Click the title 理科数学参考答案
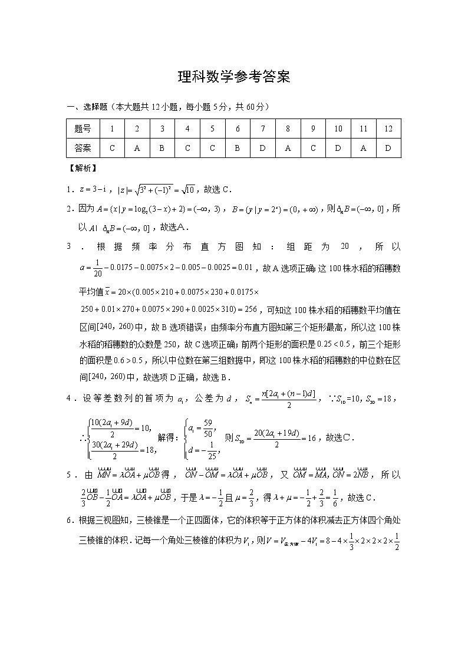[x=234, y=77]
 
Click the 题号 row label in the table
[x=83, y=129]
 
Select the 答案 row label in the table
[x=83, y=148]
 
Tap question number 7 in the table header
[x=262, y=129]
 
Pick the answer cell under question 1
[x=112, y=148]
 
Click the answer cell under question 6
[x=238, y=148]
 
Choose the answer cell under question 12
[x=388, y=148]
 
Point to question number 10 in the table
[x=338, y=129]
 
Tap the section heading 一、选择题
[x=88, y=107]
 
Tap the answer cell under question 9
[x=313, y=148]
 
